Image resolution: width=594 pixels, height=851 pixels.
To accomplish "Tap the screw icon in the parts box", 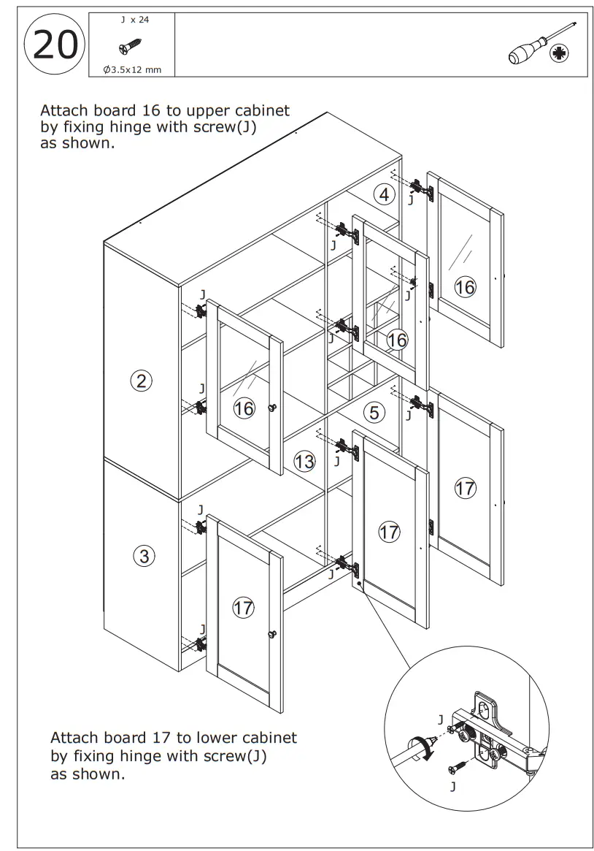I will coord(131,47).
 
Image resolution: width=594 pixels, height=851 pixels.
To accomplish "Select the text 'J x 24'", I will coord(135,20).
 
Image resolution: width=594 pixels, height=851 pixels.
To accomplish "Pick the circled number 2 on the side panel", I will coord(142,380).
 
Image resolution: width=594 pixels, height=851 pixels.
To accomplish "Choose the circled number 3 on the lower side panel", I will coord(144,557).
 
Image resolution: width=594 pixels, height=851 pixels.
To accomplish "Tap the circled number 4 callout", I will coord(385,195).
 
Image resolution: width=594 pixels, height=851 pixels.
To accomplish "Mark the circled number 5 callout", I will coord(374,413).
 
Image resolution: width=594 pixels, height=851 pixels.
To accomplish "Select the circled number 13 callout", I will coord(304,461).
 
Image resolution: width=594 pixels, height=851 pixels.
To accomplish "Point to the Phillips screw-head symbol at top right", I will coord(560,53).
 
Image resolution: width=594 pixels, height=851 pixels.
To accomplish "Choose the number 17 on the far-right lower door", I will coord(466,488).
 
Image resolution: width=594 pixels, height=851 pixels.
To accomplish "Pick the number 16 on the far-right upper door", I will coord(465,287).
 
